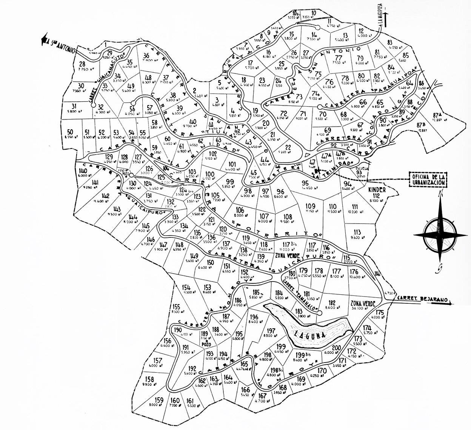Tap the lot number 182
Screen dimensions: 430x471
(332, 302)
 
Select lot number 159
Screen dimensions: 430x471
(159, 400)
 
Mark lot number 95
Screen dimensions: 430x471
(305, 183)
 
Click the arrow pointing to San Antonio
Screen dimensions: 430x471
(45, 38)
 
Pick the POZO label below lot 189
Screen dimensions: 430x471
(205, 344)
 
